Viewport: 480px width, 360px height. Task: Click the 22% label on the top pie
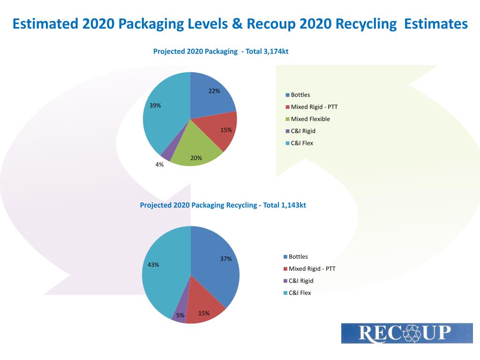(214, 91)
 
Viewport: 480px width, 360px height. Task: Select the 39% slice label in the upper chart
(155, 105)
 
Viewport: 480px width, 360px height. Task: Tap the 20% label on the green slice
(196, 158)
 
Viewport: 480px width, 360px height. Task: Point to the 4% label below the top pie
(159, 165)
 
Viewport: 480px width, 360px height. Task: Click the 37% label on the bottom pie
(226, 259)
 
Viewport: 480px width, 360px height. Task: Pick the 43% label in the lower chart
(153, 264)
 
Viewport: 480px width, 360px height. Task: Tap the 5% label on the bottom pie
(180, 315)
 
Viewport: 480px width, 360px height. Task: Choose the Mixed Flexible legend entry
(310, 119)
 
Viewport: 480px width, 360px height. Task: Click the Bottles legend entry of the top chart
(300, 95)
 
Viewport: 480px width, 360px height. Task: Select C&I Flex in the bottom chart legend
(299, 293)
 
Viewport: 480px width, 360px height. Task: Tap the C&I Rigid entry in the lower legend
(300, 281)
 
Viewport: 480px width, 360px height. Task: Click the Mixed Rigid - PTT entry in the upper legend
(314, 107)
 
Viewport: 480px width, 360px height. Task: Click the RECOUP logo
(406, 333)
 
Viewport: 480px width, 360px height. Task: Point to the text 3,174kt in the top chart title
(276, 52)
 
